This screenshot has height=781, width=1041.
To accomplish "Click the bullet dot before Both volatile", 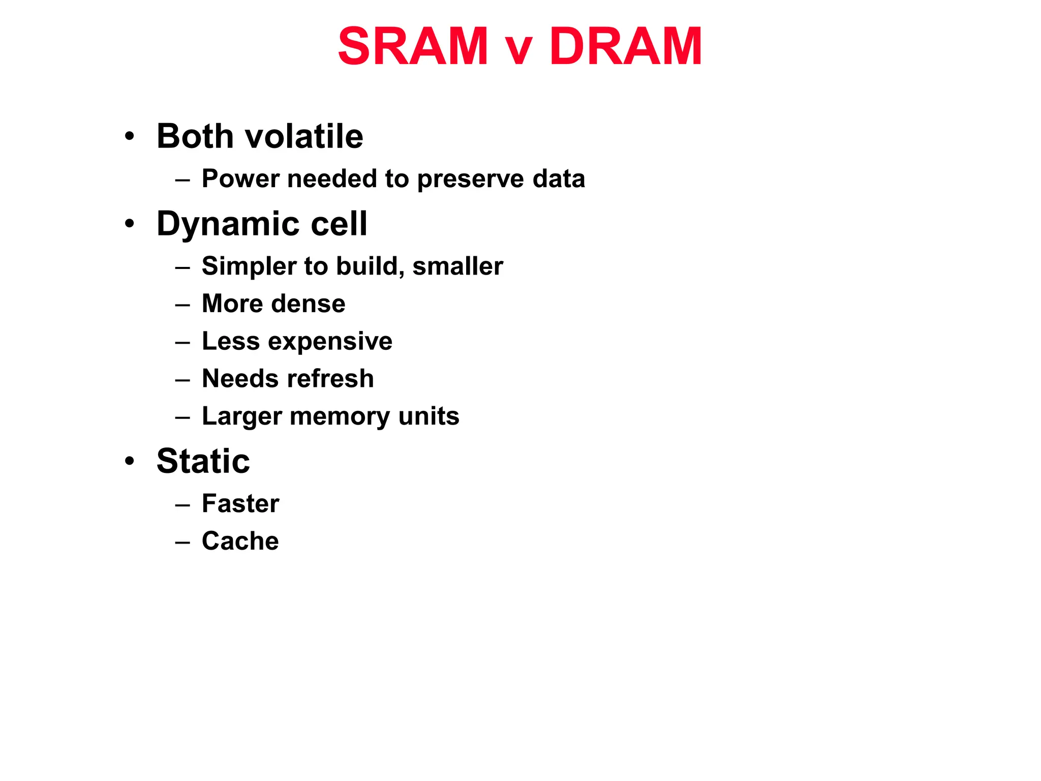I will (130, 136).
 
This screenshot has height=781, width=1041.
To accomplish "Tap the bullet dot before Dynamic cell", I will (130, 224).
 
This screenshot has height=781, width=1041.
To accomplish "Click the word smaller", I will (457, 266).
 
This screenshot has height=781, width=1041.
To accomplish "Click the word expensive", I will (330, 342).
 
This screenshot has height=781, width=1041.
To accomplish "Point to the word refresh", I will (330, 379).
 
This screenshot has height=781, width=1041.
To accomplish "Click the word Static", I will (203, 461).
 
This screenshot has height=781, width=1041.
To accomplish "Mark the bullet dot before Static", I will (130, 461).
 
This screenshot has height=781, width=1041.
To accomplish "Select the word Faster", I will (240, 504).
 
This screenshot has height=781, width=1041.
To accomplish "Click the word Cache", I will (240, 541).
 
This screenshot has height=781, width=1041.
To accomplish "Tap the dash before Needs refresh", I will (182, 380).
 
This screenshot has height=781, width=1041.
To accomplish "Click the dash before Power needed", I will (182, 180).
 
